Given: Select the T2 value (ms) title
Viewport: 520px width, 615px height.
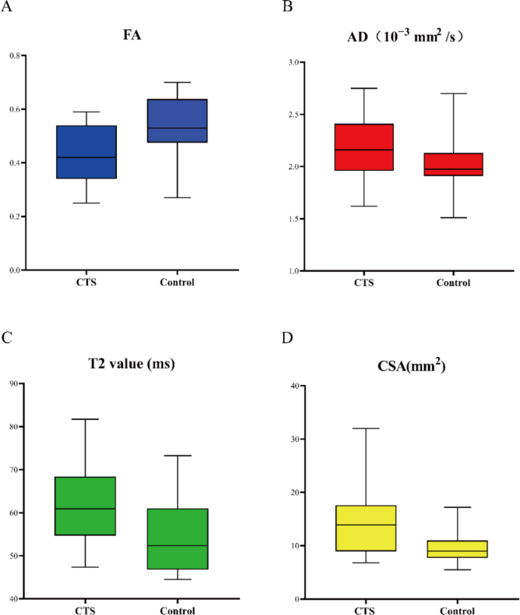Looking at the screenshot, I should coord(131,364).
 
